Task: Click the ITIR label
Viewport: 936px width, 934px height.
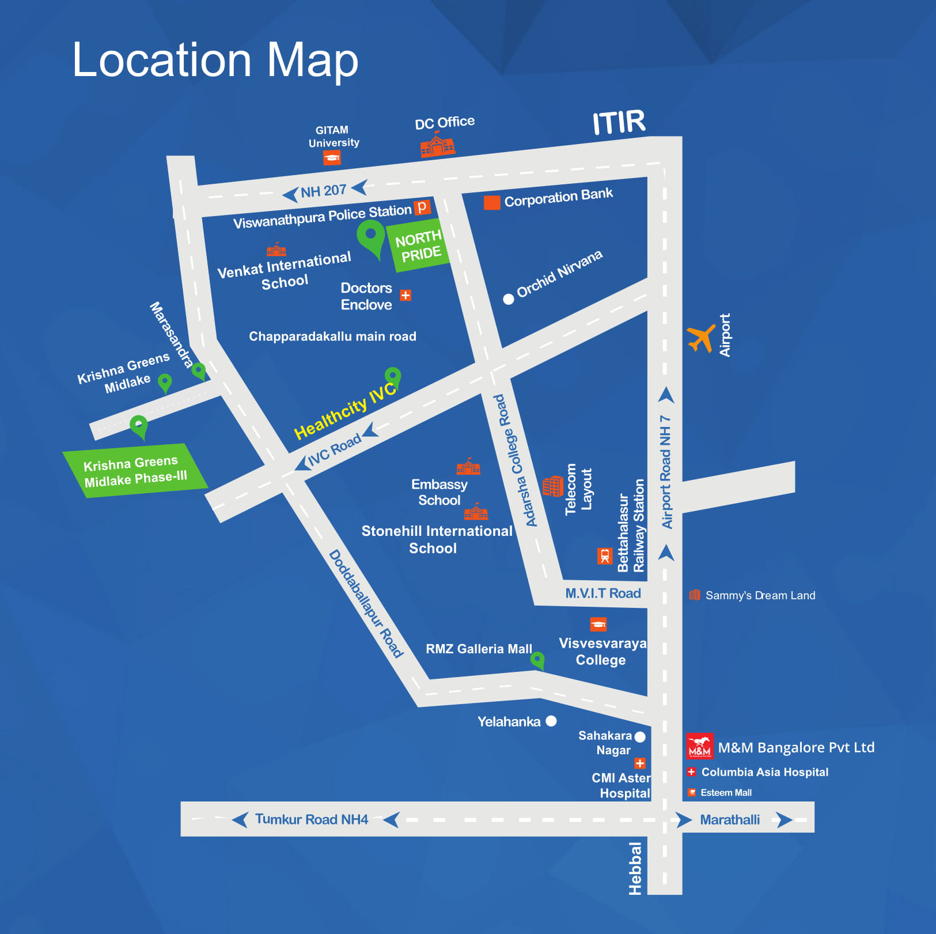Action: [619, 123]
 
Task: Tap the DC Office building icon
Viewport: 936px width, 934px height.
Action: [438, 145]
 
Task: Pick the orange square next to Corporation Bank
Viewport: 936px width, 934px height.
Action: [491, 202]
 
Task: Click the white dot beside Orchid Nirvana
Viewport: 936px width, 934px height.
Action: [508, 299]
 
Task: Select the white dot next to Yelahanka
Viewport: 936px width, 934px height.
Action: [551, 721]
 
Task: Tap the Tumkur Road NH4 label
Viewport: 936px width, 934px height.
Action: [311, 819]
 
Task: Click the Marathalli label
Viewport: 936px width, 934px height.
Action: [730, 819]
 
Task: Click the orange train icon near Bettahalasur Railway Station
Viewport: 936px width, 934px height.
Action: [604, 556]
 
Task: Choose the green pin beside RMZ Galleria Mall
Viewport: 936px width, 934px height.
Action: [537, 660]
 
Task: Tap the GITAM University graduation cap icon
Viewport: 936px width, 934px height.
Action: [332, 158]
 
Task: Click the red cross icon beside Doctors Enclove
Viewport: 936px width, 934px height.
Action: [406, 296]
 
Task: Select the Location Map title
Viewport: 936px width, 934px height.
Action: [215, 60]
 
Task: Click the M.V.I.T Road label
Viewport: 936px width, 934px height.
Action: [602, 593]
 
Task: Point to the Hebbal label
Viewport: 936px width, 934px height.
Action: [635, 868]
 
